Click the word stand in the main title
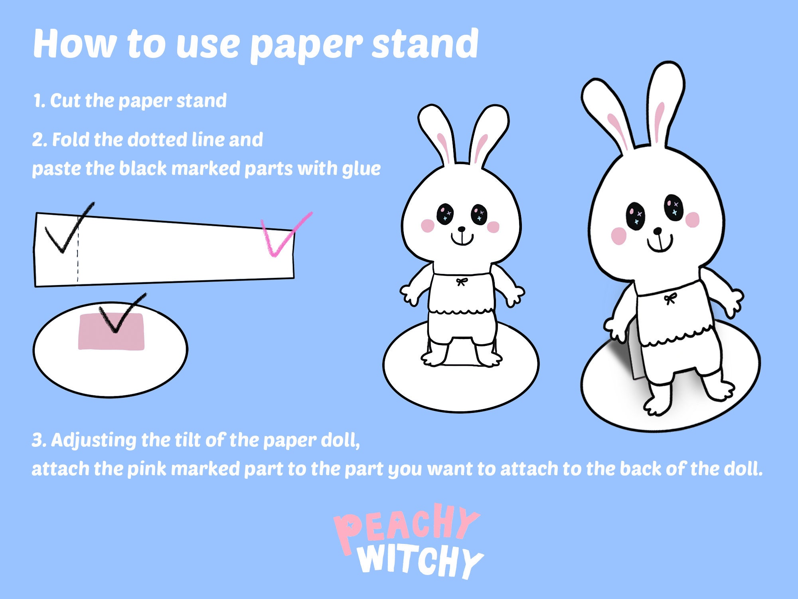tap(425, 44)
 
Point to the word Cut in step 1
tap(65, 101)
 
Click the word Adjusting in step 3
tap(93, 440)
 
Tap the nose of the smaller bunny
tap(462, 229)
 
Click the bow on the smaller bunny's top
tap(462, 282)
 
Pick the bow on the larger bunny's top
tap(670, 298)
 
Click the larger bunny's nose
tap(657, 231)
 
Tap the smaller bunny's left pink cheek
tap(427, 226)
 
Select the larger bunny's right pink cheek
tap(692, 220)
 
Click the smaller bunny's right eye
tap(479, 214)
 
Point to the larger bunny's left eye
tap(635, 216)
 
